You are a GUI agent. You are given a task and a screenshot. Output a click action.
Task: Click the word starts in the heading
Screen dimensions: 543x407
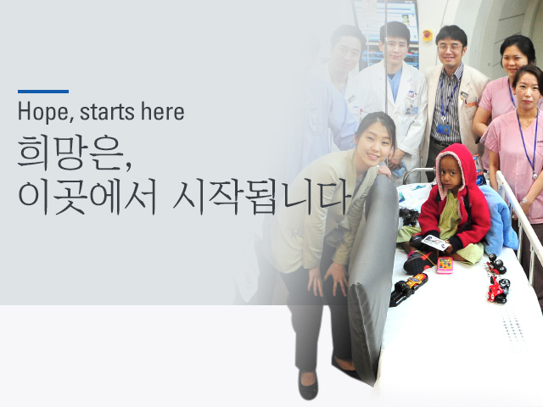tap(108, 112)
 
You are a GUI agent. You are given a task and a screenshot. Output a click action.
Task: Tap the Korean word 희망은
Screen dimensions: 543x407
tap(74, 153)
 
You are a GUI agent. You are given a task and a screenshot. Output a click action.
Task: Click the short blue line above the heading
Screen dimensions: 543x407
tap(43, 92)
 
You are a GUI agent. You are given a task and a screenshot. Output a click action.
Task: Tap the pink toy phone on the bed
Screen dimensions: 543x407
tap(445, 265)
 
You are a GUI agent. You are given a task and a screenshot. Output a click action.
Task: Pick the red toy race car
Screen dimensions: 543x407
tap(498, 290)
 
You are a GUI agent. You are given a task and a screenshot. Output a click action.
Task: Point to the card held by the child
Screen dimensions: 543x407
tap(435, 243)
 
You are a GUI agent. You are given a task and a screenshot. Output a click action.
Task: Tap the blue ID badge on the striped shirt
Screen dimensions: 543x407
tap(443, 130)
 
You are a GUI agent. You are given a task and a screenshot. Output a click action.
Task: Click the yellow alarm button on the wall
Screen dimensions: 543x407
tap(428, 36)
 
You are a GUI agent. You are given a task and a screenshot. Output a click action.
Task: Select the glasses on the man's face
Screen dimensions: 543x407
tap(450, 47)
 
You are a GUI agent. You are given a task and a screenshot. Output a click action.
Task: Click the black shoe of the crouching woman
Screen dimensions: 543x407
tap(308, 386)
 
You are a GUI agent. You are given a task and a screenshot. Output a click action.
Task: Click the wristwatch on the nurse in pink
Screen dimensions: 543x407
tap(524, 200)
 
